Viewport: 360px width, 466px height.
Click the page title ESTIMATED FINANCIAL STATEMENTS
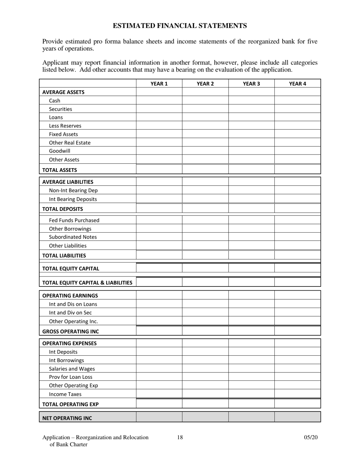coord(180,26)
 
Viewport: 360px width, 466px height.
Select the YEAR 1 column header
coord(159,84)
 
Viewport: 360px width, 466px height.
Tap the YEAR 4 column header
coord(297,84)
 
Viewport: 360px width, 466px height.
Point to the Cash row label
coord(55,101)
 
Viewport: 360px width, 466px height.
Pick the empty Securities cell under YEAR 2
coord(205,109)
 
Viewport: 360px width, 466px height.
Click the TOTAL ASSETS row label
coord(59,170)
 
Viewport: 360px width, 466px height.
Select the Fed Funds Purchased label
coord(74,220)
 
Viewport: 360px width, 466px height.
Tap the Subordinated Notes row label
coord(73,237)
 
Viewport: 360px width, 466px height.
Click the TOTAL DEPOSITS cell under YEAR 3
coord(251,209)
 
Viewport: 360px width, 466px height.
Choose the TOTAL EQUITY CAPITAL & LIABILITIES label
coord(87,283)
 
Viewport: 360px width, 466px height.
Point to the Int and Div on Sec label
coord(70,313)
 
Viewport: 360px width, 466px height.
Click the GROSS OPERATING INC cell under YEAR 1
coord(159,331)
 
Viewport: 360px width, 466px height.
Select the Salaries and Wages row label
coord(72,369)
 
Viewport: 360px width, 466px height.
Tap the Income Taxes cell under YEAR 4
coord(297,394)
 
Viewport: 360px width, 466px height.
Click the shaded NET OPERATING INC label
coord(67,418)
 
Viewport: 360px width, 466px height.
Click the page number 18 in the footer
coord(180,438)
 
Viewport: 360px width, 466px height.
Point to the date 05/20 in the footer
coord(311,438)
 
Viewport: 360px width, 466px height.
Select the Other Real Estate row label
coord(70,143)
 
